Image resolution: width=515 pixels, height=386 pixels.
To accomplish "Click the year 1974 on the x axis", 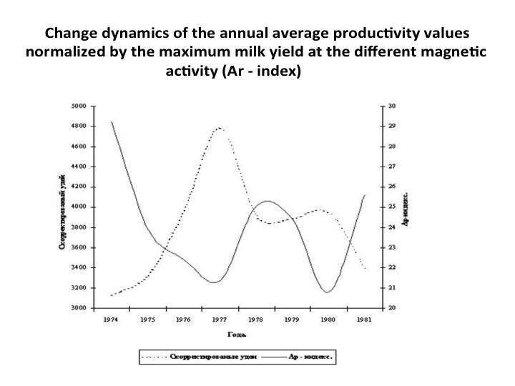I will point(111,320).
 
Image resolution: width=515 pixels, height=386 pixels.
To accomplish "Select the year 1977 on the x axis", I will point(219,320).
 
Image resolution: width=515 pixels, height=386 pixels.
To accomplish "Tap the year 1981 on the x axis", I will point(364,320).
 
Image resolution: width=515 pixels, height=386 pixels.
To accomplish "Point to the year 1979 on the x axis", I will point(292,320).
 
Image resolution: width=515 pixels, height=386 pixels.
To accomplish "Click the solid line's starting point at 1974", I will point(112,122).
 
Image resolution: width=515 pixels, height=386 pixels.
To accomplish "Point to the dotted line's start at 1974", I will point(112,295).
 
